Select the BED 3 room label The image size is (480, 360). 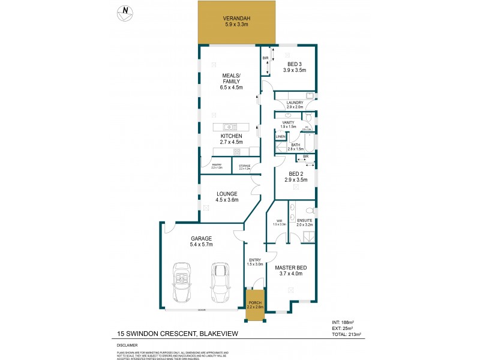pos(295,64)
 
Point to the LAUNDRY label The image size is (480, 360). pos(295,103)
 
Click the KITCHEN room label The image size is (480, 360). pos(230,136)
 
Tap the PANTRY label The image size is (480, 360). pos(217,166)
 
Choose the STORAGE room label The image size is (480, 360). pos(244,166)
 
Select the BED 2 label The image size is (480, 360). pos(295,174)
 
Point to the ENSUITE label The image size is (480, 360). pos(305,221)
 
